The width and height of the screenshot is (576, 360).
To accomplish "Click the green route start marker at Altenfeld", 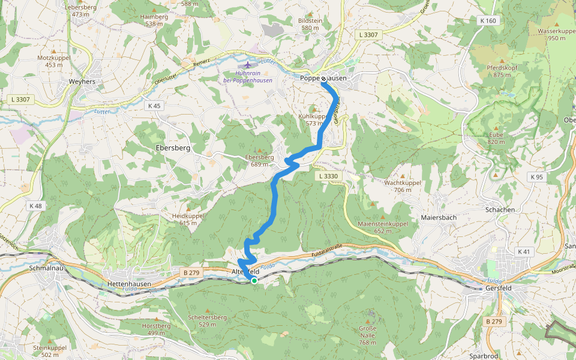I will point(254,280).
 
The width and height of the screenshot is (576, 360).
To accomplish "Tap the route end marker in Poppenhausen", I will point(323,79).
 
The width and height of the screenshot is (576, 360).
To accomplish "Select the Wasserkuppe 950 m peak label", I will point(556,34).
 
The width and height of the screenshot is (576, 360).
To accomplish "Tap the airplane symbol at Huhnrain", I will point(248,64).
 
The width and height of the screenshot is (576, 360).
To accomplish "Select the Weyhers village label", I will point(82,81).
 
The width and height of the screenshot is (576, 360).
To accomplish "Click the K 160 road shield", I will point(488,20).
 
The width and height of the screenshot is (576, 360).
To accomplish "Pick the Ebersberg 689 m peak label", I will point(259,161).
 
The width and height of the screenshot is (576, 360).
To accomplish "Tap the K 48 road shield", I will point(35,206).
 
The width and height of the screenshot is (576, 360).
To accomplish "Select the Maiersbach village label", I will point(439,217).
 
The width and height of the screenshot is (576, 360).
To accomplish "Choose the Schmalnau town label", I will point(46,269).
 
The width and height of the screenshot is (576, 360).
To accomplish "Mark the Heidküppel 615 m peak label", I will point(188,219).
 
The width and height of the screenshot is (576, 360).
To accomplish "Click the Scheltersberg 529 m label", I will point(207,320).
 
